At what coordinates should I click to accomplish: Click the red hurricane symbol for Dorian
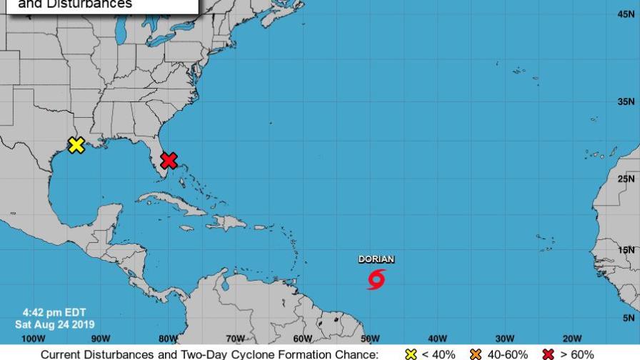pyautogui.click(x=376, y=279)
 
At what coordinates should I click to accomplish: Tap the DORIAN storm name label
pyautogui.click(x=376, y=259)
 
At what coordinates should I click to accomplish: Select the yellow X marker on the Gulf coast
pyautogui.click(x=76, y=145)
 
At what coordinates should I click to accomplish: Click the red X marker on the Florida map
pyautogui.click(x=169, y=160)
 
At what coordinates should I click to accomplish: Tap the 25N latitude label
pyautogui.click(x=626, y=179)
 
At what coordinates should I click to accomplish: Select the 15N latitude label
pyautogui.click(x=626, y=250)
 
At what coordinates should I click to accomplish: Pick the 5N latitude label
pyautogui.click(x=629, y=318)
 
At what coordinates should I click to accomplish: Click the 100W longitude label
pyautogui.click(x=33, y=339)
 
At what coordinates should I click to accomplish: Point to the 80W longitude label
pyautogui.click(x=168, y=339)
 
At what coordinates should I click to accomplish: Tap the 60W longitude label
pyautogui.click(x=302, y=339)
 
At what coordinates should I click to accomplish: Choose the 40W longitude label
pyautogui.click(x=437, y=339)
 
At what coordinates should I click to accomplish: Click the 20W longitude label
pyautogui.click(x=571, y=339)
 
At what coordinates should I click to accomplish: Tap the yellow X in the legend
pyautogui.click(x=411, y=354)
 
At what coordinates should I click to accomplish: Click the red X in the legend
pyautogui.click(x=549, y=354)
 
